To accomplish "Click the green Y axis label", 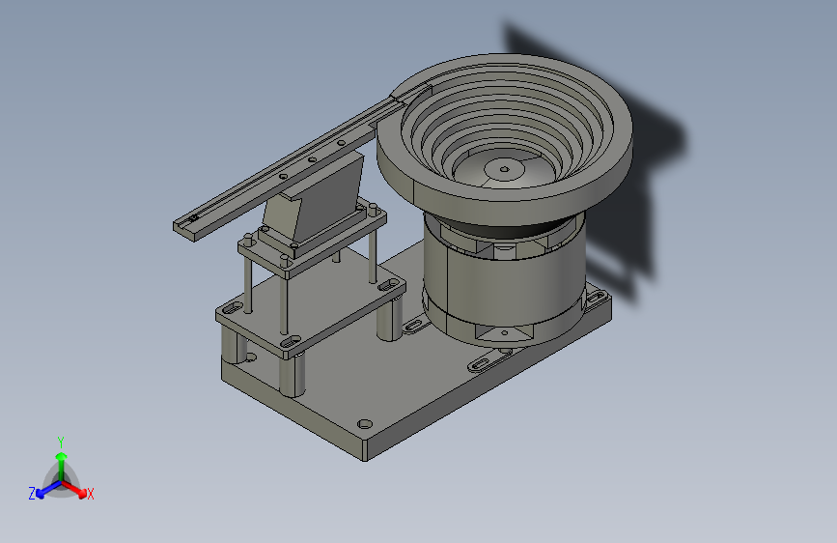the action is click(61, 443).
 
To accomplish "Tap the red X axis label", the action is click(90, 494).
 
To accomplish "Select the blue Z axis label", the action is click(32, 494).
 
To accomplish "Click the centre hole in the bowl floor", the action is click(504, 170).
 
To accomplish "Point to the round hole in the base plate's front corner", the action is click(365, 424).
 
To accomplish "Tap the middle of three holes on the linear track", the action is click(312, 159).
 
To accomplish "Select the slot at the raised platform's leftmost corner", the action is click(233, 308).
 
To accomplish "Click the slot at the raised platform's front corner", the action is click(290, 341).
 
